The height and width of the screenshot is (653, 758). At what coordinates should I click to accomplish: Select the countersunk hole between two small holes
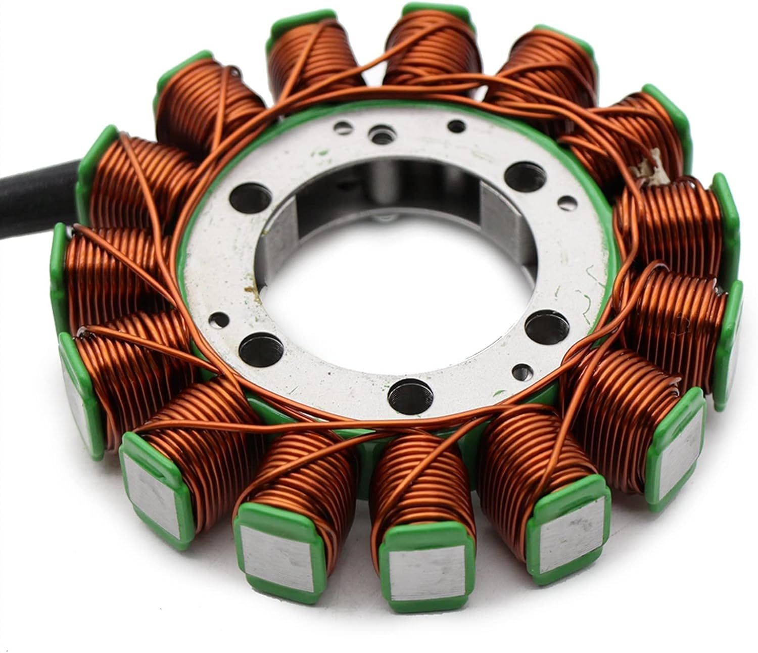[380, 133]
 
